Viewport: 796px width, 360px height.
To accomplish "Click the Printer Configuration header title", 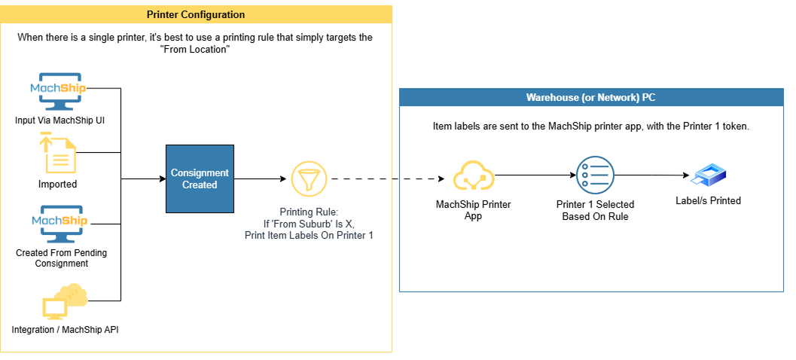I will [x=196, y=14].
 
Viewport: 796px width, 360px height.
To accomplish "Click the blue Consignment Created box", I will [x=200, y=179].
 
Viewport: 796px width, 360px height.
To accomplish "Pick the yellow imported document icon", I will [x=58, y=153].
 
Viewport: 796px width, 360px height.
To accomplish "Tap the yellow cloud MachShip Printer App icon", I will [x=473, y=176].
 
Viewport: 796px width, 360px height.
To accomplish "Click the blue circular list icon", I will [x=594, y=176].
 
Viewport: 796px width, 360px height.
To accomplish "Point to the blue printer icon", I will [x=709, y=177].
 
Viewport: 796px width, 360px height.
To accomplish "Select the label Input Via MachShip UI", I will [x=59, y=121].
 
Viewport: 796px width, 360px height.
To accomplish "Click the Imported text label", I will [x=58, y=184].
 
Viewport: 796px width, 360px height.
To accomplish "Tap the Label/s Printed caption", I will [x=708, y=200].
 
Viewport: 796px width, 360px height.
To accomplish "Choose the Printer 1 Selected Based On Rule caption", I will [x=595, y=210].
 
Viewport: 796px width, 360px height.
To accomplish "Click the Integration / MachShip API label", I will [x=65, y=330].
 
